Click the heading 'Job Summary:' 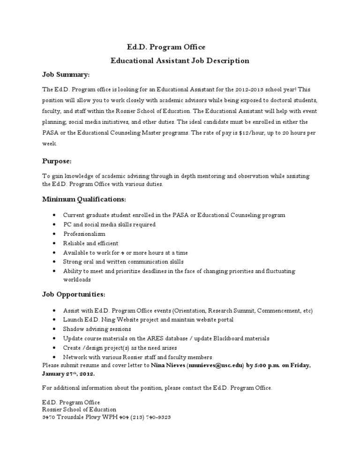point(66,75)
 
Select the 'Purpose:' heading point(57,161)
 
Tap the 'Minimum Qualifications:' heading point(84,199)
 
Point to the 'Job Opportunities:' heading point(74,294)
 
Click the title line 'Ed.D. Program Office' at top point(166,47)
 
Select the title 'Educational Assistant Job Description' point(180,60)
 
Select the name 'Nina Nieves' point(168,365)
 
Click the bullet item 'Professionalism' point(84,233)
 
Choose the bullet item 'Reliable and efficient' point(91,243)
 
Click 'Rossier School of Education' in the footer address point(79,409)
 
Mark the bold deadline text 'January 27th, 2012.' point(68,374)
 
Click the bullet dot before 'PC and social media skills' point(55,225)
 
